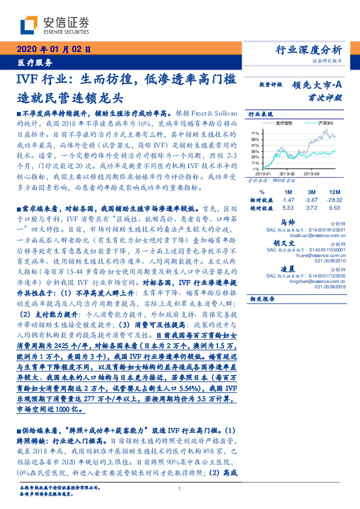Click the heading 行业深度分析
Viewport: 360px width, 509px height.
(309, 50)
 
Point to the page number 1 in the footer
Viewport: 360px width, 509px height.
(179, 488)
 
